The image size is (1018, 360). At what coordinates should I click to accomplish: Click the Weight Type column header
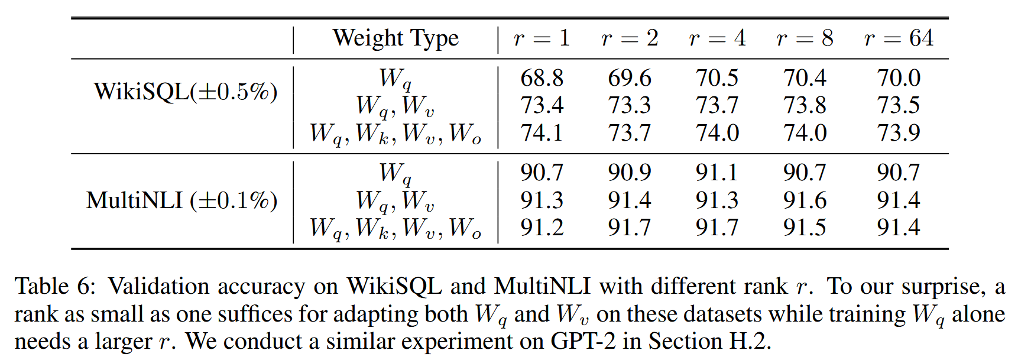[x=395, y=38]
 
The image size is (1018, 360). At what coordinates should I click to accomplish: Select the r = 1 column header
[x=542, y=38]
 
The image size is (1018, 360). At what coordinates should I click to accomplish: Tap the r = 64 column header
[x=898, y=38]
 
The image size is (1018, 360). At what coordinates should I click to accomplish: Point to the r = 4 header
[x=717, y=38]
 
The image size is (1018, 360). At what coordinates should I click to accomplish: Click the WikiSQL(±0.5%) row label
[x=185, y=92]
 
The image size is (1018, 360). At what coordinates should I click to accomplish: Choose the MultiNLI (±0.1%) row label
[x=181, y=200]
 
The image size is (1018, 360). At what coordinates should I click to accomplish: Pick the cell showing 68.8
[x=542, y=78]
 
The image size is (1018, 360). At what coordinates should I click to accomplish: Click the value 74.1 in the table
[x=542, y=133]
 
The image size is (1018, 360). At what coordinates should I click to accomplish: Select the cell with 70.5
[x=717, y=78]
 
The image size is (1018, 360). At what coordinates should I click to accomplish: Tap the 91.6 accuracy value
[x=805, y=200]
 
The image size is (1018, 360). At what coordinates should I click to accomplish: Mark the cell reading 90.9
[x=629, y=173]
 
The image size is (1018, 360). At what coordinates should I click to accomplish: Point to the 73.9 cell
[x=898, y=133]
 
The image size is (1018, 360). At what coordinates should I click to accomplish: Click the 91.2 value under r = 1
[x=542, y=228]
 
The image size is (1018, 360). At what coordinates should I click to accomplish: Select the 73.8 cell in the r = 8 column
[x=805, y=105]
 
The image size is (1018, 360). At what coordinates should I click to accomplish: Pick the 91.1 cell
[x=717, y=173]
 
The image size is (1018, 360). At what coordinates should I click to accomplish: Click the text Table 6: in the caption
[x=54, y=287]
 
